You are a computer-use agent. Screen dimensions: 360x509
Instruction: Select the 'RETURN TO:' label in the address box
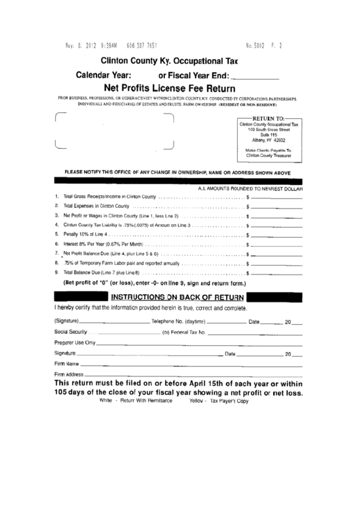click(269, 118)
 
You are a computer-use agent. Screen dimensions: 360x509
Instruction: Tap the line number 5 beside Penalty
click(56, 233)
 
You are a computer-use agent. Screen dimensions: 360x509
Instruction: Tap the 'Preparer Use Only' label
click(75, 343)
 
